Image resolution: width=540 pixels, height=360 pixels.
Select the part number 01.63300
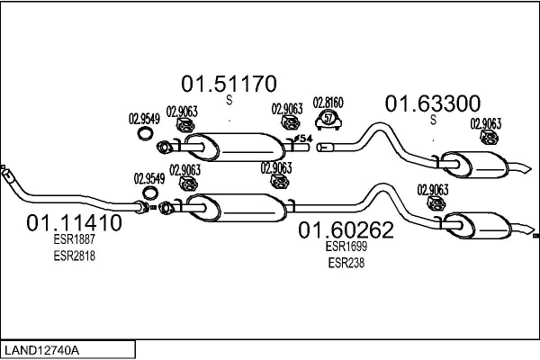pyautogui.click(x=433, y=104)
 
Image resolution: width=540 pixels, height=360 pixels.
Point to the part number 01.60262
pyautogui.click(x=346, y=230)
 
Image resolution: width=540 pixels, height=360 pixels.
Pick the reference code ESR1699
pyautogui.click(x=346, y=247)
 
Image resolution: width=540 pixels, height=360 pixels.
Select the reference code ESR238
pyautogui.click(x=346, y=263)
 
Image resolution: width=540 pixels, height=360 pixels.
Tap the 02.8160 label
pyautogui.click(x=328, y=103)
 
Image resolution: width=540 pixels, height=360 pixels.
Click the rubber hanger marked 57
pyautogui.click(x=328, y=120)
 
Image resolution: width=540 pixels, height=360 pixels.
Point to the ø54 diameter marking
pyautogui.click(x=303, y=138)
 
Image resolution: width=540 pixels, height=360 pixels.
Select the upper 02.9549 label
pyautogui.click(x=144, y=117)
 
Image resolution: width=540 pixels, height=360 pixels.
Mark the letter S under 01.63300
pyautogui.click(x=433, y=121)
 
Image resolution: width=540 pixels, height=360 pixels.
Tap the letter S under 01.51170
pyautogui.click(x=229, y=101)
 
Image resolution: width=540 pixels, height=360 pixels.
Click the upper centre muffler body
pyautogui.click(x=238, y=144)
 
